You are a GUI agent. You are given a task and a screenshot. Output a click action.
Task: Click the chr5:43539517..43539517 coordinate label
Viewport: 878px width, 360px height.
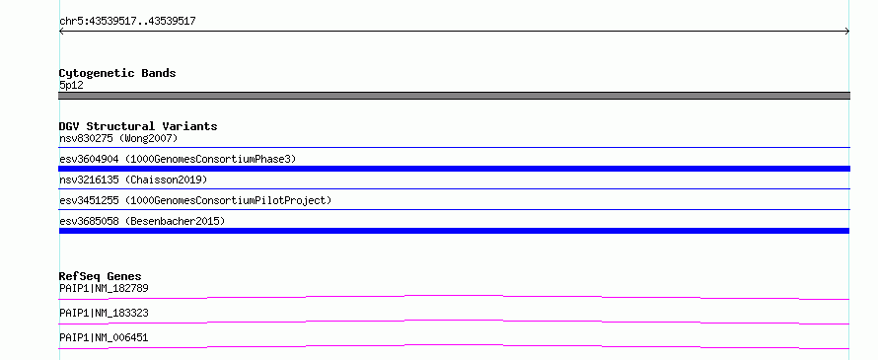(127, 22)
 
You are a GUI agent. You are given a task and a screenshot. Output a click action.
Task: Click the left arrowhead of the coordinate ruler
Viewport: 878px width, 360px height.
(61, 32)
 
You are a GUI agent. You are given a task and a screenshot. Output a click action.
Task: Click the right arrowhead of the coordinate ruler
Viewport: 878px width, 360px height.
(847, 32)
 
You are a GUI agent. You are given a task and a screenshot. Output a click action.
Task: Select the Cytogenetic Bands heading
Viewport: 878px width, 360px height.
(117, 73)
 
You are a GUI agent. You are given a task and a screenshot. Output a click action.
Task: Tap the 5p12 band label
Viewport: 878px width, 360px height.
(71, 86)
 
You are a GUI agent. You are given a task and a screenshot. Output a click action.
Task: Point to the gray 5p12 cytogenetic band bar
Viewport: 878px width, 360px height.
(454, 96)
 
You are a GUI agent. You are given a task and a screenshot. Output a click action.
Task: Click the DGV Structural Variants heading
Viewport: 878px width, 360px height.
(138, 126)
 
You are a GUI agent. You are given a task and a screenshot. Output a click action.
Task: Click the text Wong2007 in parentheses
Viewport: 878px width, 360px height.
(148, 138)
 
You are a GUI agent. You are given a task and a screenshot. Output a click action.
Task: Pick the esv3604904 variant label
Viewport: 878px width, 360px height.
(89, 159)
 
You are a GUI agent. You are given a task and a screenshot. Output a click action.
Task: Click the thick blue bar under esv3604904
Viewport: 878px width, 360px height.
(454, 169)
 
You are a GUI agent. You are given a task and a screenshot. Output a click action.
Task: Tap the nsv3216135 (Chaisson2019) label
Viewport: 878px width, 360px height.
(133, 180)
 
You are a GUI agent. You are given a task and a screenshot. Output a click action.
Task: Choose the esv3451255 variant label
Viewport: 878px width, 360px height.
(89, 200)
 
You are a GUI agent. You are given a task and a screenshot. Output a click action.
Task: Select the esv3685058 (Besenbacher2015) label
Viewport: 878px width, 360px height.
(142, 221)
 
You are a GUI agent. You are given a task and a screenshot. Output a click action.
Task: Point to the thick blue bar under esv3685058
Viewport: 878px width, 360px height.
(454, 231)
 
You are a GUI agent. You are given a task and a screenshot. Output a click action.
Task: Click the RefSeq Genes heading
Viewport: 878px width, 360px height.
(101, 276)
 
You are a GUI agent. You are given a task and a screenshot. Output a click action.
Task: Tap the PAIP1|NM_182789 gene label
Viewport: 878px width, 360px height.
(104, 288)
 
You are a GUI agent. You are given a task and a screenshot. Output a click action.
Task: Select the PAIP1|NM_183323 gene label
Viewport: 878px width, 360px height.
(104, 313)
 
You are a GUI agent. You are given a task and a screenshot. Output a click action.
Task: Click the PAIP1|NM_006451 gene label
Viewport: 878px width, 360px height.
(104, 337)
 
